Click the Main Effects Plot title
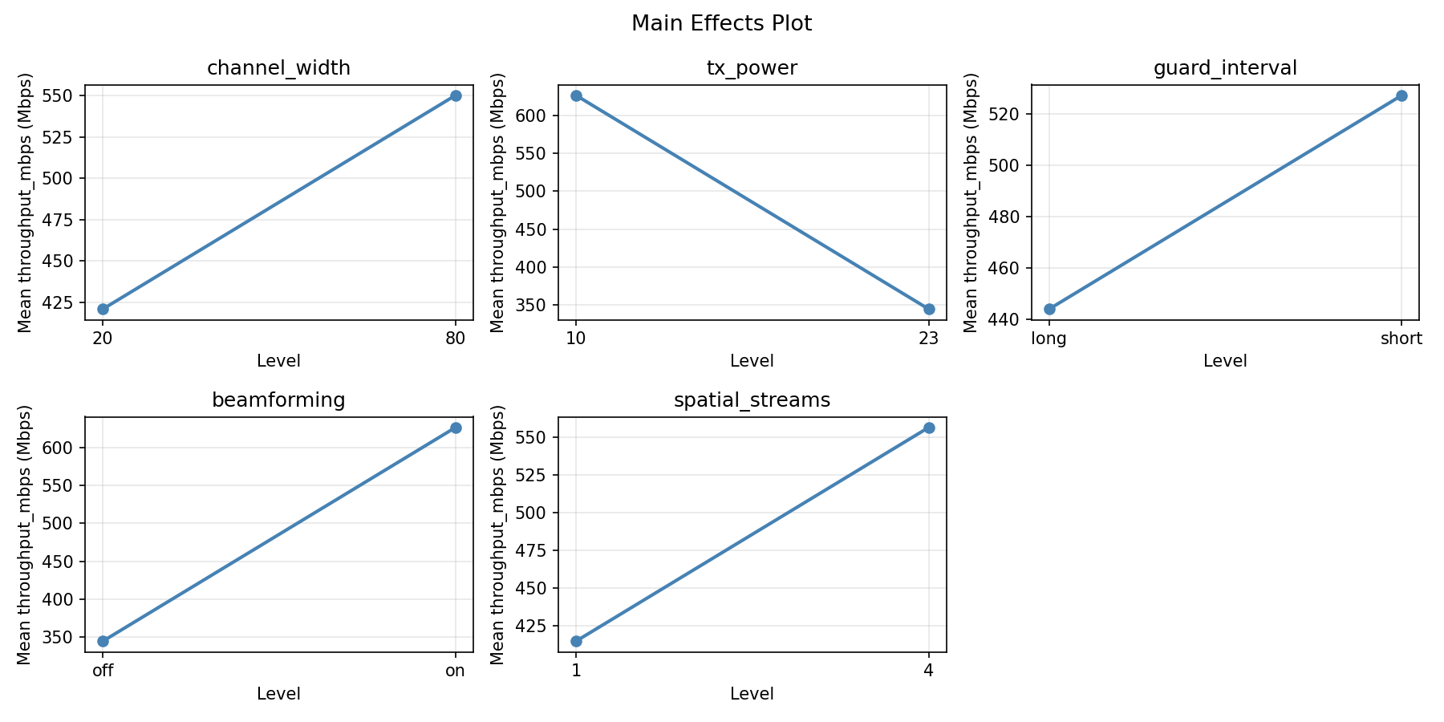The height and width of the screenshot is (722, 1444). [x=721, y=24]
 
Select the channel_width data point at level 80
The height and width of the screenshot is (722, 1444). [x=456, y=95]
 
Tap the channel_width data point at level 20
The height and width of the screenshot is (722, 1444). [x=103, y=309]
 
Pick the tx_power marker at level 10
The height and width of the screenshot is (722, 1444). [x=576, y=95]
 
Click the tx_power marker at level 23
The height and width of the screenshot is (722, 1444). [x=929, y=309]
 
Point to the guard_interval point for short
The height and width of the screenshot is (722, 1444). [x=1401, y=95]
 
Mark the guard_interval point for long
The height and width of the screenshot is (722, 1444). [x=1049, y=309]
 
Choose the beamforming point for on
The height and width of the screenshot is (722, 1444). [x=456, y=428]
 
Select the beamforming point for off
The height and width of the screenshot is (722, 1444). [x=103, y=641]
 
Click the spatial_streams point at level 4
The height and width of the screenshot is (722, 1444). [x=929, y=428]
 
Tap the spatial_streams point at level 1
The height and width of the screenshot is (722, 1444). [x=576, y=641]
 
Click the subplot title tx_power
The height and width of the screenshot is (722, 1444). [x=752, y=68]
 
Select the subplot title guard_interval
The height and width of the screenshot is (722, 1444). [x=1225, y=68]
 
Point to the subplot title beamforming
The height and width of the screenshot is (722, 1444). [x=278, y=400]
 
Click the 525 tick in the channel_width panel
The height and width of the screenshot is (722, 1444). [x=64, y=137]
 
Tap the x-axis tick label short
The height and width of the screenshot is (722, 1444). [x=1401, y=339]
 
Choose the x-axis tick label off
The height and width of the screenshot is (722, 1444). [x=103, y=671]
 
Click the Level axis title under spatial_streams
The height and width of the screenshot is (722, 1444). [x=752, y=694]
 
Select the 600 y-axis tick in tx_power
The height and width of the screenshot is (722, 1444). [x=537, y=116]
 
